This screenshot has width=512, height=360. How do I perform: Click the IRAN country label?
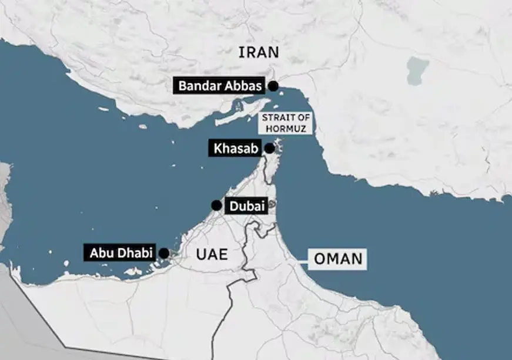259,52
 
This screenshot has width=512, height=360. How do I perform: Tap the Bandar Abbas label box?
220,86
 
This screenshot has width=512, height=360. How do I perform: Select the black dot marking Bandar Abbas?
273,86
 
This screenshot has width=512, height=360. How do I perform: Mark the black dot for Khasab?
269,149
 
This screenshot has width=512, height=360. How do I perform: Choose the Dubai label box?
247,206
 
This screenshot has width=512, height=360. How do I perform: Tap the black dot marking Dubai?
216,206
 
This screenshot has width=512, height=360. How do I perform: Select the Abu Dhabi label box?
121,254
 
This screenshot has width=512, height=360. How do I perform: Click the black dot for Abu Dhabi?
164,253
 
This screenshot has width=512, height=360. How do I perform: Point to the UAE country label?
210,254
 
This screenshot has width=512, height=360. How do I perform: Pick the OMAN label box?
337,258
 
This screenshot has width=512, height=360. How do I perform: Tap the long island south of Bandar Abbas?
235,114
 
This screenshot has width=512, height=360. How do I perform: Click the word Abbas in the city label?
242,86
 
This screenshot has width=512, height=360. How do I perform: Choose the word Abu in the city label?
100,254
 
